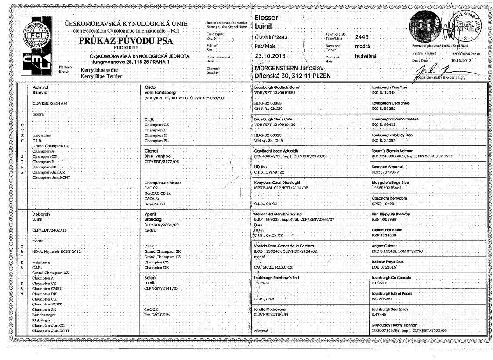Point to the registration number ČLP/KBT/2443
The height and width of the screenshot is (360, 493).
click(x=271, y=37)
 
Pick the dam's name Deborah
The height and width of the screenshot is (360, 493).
click(x=42, y=214)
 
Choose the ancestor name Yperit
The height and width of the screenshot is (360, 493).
click(x=150, y=214)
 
